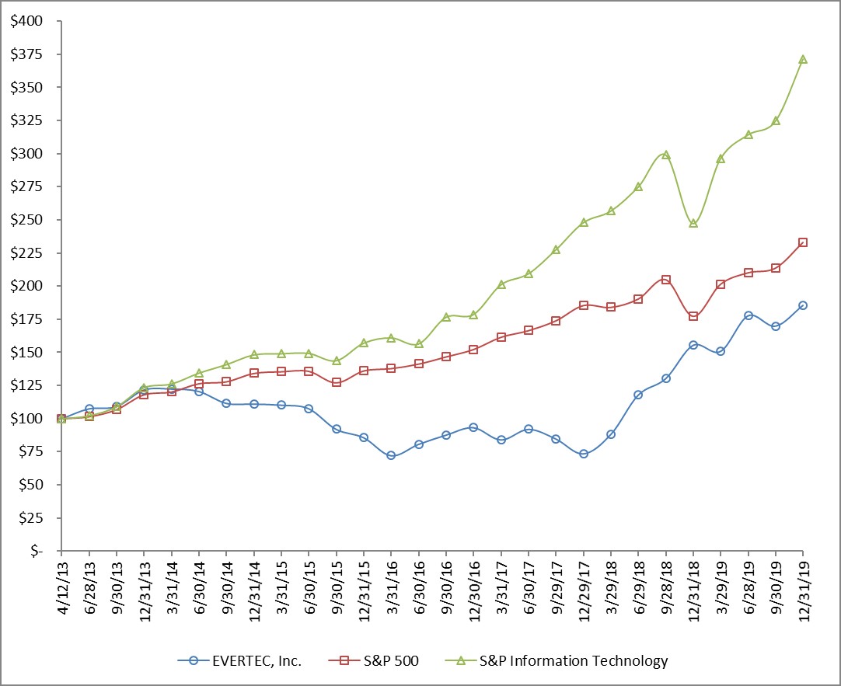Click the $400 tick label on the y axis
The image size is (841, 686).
[x=27, y=21]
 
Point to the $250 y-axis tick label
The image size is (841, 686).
[x=27, y=220]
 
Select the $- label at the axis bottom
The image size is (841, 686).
[x=36, y=550]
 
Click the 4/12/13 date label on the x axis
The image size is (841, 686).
[x=62, y=580]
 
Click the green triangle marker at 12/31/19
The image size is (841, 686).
[x=803, y=59]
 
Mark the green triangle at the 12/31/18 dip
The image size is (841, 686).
[x=693, y=223]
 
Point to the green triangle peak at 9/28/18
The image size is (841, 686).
[x=666, y=155]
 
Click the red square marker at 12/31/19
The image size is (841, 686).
[x=803, y=242]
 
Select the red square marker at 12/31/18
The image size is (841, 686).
[x=693, y=316]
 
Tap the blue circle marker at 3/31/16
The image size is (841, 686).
[x=391, y=455]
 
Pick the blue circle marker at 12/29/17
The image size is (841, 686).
[x=584, y=454]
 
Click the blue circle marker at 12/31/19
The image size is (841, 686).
[x=803, y=305]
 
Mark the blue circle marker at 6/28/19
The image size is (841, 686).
[x=749, y=315]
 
